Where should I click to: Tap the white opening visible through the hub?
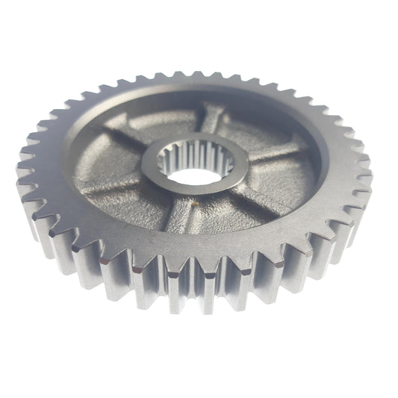tap(197, 178)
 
